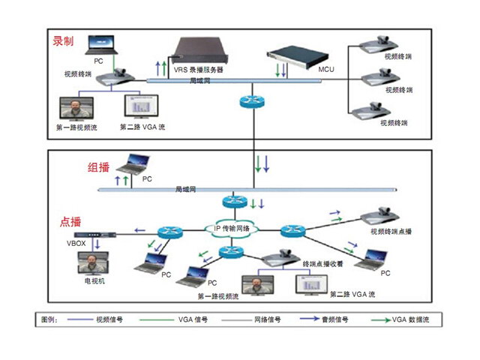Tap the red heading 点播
coord(71,223)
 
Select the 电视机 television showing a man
coord(91,264)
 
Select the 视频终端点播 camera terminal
coord(385,217)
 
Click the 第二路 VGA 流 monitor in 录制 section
coord(139,107)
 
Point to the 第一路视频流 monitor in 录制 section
coord(76,109)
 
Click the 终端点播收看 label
coord(322,264)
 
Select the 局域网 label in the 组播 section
coord(185,190)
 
